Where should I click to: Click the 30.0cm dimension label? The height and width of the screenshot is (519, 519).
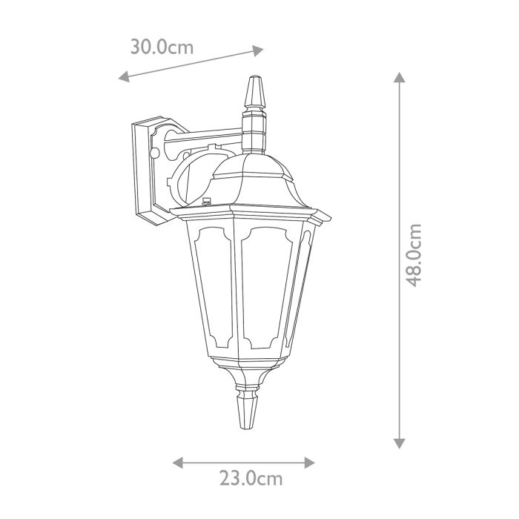(x=162, y=47)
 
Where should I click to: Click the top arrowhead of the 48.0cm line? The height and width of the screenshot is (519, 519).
(x=400, y=78)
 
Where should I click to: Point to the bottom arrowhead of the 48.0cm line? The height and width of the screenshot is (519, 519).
(x=400, y=443)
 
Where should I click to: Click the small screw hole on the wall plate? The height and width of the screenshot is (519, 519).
(x=155, y=153)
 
